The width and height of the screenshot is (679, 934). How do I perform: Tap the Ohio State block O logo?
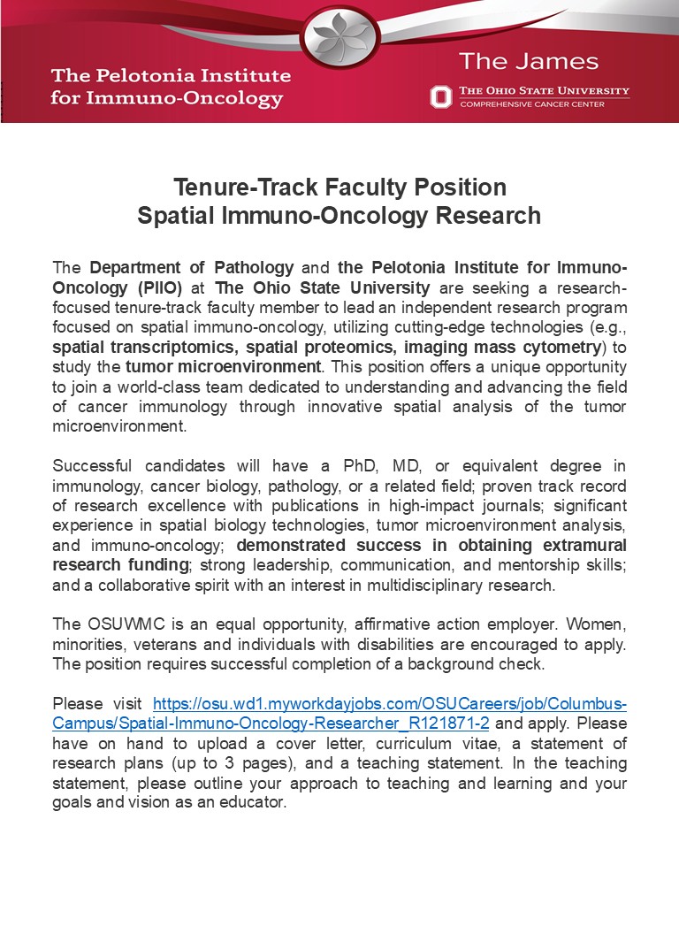440,96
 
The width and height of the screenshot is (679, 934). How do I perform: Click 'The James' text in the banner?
528,62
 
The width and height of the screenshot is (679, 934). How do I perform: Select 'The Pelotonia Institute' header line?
171,74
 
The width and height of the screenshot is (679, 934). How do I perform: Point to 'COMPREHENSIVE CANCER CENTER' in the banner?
532,104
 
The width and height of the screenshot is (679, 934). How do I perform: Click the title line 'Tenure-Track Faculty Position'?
339,188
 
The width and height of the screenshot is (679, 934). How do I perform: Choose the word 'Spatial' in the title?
176,215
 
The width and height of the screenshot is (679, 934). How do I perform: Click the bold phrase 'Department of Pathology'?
192,267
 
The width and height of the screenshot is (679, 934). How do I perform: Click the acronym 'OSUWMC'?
118,624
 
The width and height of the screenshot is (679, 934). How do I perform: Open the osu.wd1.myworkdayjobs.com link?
390,704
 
